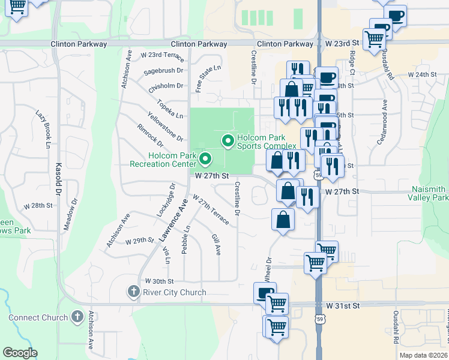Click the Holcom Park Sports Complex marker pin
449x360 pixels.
[x=228, y=142]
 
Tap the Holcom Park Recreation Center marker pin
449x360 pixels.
[x=205, y=160]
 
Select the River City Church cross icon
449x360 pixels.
[x=134, y=292]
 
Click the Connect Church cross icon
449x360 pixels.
[x=77, y=317]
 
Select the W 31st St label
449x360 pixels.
[x=343, y=305]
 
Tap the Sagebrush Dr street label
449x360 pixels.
[x=163, y=73]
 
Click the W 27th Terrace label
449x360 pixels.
[x=211, y=209]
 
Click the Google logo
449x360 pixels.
[x=20, y=353]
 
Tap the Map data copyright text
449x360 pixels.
[x=424, y=355]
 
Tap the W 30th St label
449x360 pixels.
[x=159, y=281]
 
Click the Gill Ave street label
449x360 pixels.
[x=217, y=244]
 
